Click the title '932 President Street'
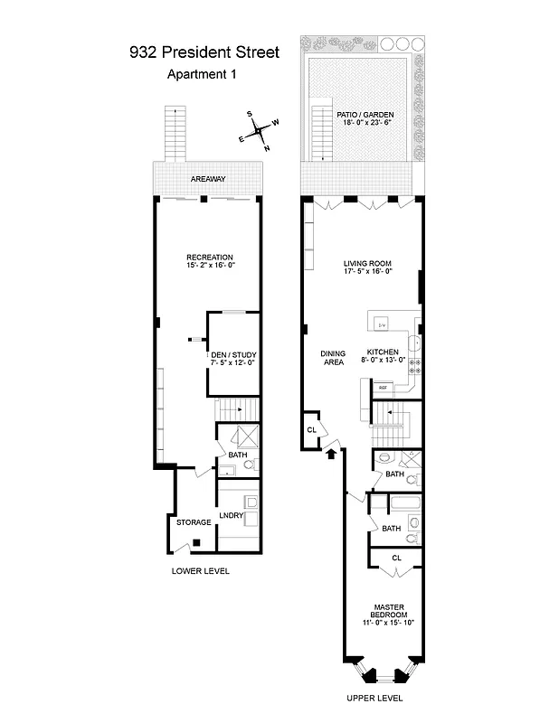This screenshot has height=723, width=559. click(x=204, y=52)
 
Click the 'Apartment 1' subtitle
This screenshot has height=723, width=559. click(x=202, y=75)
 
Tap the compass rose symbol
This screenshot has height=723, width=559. click(x=259, y=129)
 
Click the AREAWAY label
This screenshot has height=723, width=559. click(x=208, y=180)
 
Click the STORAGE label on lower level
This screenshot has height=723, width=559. click(x=194, y=522)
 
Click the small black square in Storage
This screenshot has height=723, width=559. click(x=196, y=542)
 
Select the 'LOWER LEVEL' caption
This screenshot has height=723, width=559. click(x=201, y=571)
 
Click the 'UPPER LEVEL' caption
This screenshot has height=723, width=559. click(x=374, y=698)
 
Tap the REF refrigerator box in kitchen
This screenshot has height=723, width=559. click(x=383, y=388)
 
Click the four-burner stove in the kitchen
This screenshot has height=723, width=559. click(x=415, y=366)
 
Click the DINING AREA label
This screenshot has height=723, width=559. click(x=334, y=358)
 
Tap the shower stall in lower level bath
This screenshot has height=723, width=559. click(x=242, y=439)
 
